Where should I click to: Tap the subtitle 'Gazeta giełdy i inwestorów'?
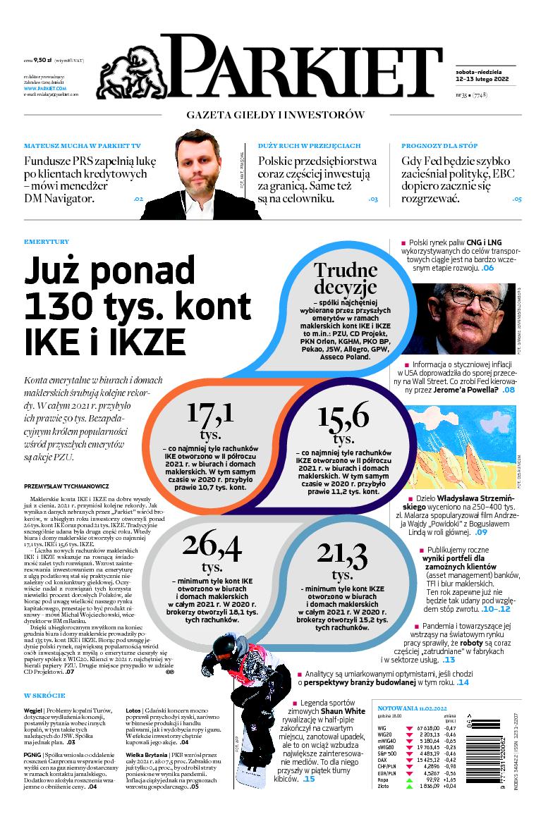pos(275,115)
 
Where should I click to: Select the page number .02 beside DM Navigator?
pos(138,199)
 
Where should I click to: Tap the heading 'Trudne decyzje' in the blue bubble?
pos(346,278)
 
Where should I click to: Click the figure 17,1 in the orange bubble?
pos(209,417)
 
